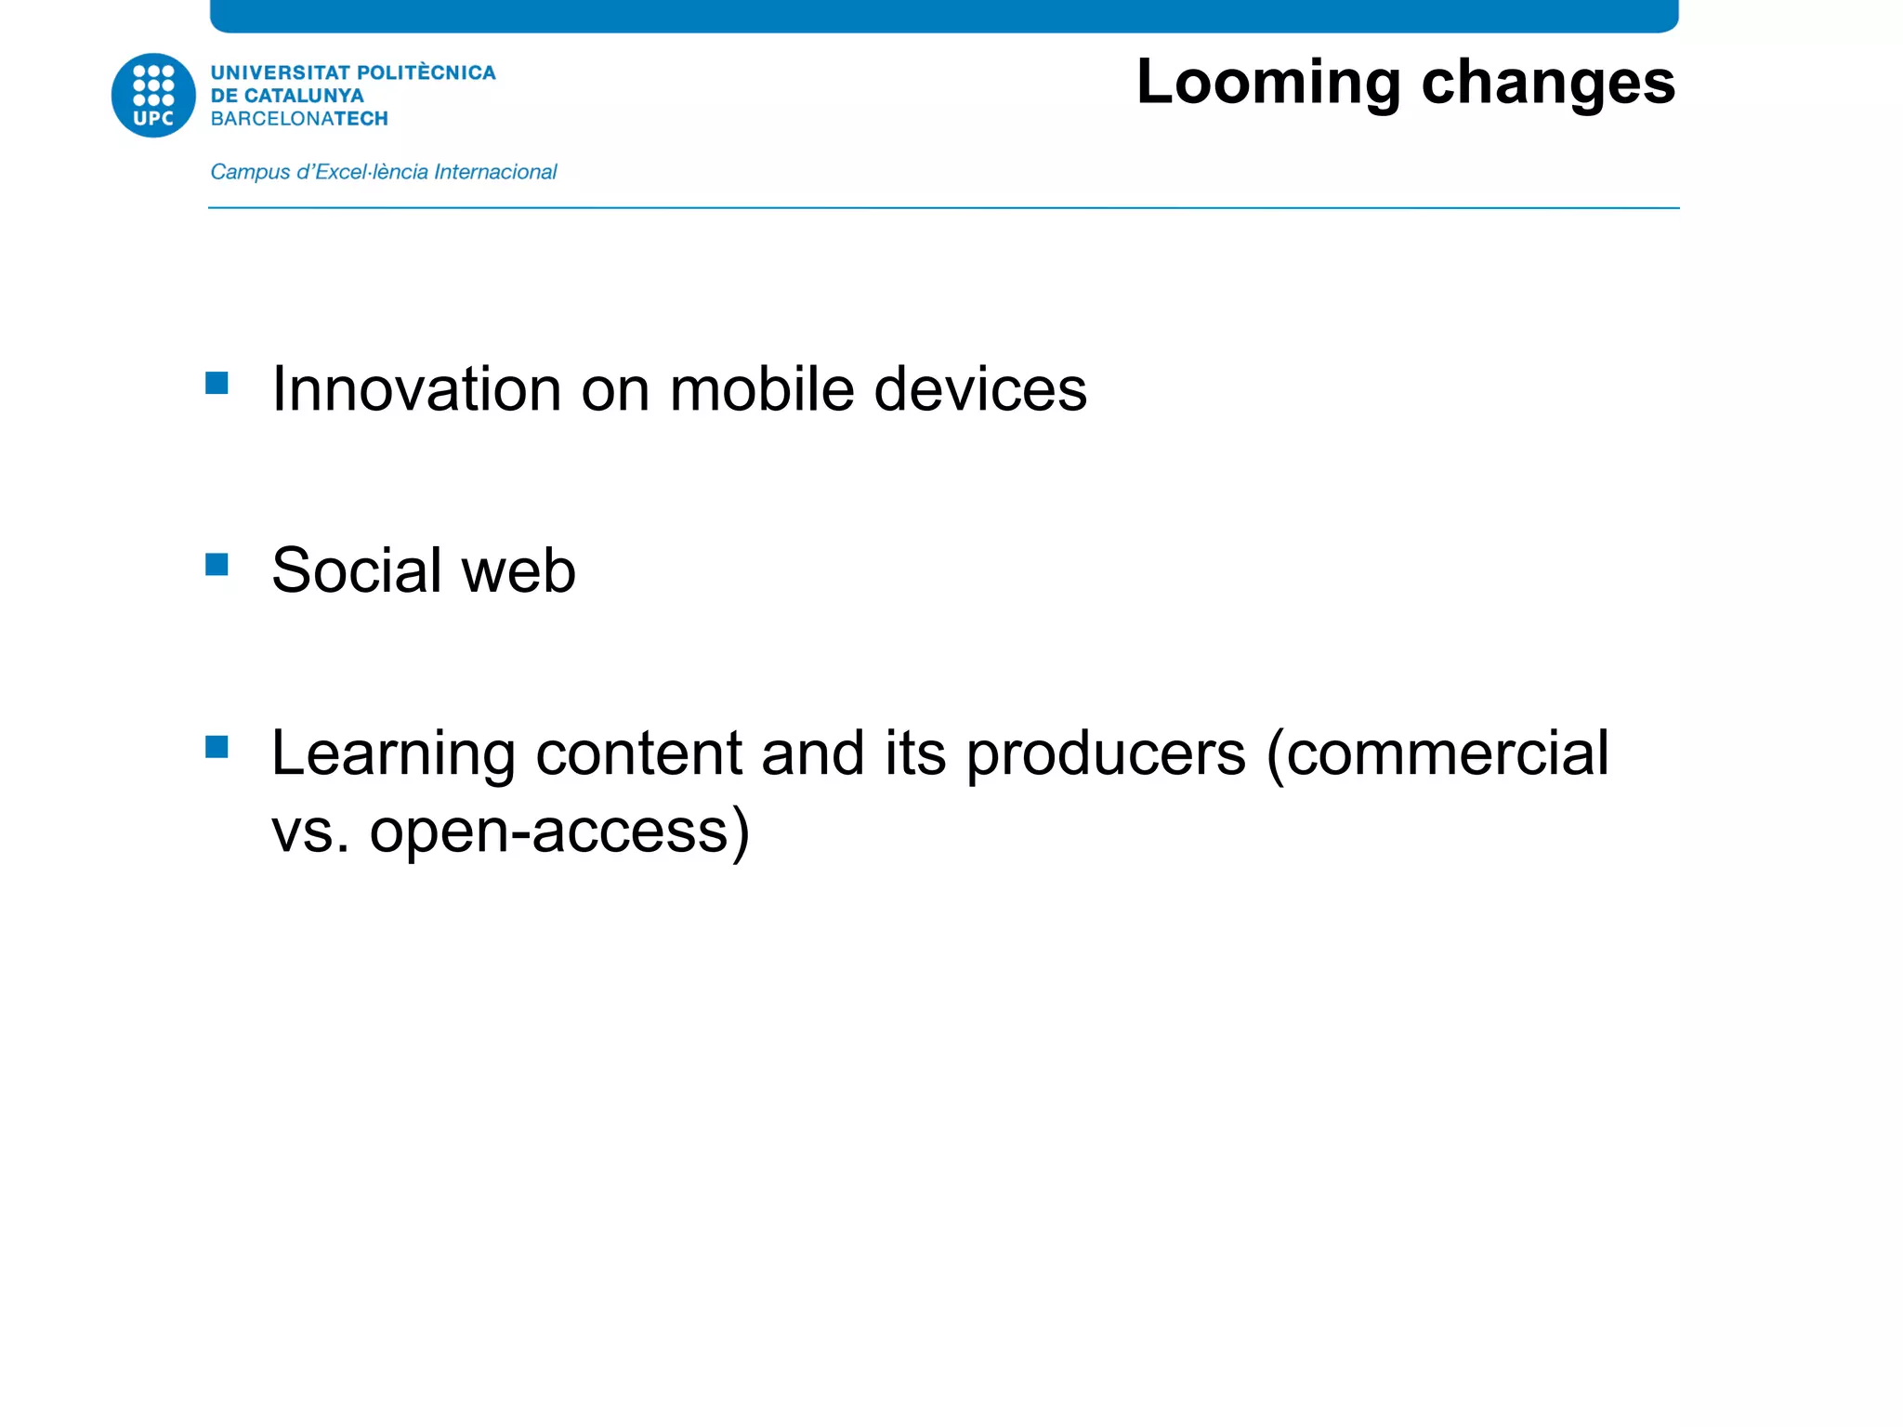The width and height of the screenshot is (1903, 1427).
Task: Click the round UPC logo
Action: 153,95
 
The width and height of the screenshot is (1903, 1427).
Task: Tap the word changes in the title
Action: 1548,84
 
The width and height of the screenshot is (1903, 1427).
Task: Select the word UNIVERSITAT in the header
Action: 281,72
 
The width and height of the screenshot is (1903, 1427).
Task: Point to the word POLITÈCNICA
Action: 427,72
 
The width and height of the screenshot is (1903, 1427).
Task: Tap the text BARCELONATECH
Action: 299,119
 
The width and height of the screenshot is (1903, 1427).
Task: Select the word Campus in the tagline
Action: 250,172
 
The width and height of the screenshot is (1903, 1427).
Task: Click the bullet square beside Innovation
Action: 217,384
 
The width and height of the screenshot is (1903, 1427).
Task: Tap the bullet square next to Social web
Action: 217,565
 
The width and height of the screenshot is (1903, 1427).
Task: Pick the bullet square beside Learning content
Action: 217,747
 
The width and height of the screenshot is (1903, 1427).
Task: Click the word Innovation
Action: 416,388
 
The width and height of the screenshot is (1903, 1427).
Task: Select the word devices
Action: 980,388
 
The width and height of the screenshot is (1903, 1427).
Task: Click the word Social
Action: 357,570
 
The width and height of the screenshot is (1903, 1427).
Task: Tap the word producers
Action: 1106,754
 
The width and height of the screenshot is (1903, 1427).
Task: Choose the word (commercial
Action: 1437,753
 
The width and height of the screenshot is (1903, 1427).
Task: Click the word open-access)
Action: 559,831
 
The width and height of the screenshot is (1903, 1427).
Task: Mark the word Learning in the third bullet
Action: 393,754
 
